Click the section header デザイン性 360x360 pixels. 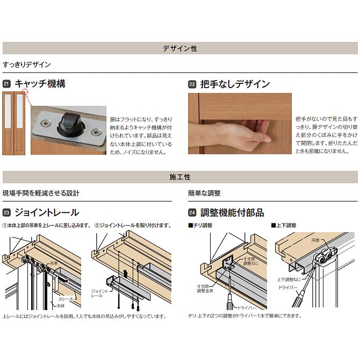click(179, 48)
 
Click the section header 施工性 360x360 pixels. click(179, 177)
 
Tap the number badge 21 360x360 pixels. click(6, 84)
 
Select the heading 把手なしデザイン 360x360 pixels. click(235, 84)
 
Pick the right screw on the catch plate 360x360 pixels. click(96, 131)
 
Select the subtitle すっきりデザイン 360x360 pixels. click(27, 64)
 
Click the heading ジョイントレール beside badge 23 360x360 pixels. click(47, 213)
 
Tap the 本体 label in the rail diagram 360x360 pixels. click(63, 305)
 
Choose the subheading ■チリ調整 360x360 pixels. click(200, 226)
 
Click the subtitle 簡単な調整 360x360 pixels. click(204, 193)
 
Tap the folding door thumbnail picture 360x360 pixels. click(14, 124)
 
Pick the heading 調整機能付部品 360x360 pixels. click(232, 213)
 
